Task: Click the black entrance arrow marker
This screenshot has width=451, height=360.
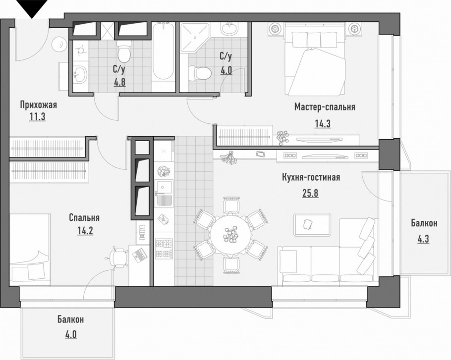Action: tap(32, 8)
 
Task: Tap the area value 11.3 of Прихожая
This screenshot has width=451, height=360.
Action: tap(37, 117)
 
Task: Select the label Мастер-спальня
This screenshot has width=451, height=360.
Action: tap(325, 107)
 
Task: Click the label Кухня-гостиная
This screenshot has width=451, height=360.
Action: tap(311, 177)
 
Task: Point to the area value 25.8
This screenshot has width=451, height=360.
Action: tap(310, 193)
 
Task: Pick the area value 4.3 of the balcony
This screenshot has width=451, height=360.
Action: tap(423, 239)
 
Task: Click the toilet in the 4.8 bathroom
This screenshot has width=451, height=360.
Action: tap(124, 51)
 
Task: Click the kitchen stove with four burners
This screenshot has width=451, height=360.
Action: tap(164, 249)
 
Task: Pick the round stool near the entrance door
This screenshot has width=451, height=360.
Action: tap(59, 44)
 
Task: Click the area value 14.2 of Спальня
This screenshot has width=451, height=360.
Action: tap(85, 230)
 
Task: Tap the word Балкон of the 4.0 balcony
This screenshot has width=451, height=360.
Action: tap(71, 319)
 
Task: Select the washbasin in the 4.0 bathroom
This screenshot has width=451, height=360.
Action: tap(229, 28)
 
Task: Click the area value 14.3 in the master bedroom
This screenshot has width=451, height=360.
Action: tap(323, 124)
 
